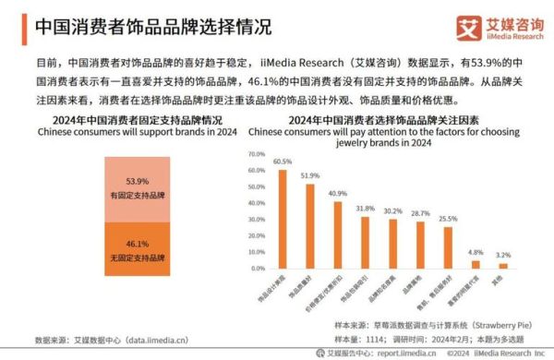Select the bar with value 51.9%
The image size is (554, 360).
310,227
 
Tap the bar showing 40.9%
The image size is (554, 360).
338,235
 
